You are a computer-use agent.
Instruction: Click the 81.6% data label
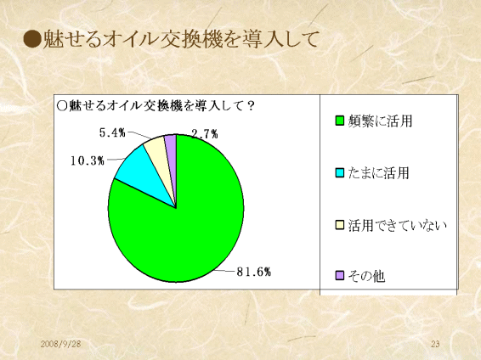[x=254, y=272]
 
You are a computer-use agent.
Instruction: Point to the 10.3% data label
[x=88, y=160]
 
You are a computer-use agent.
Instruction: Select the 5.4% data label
[x=112, y=132]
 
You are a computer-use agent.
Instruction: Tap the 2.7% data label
[x=205, y=134]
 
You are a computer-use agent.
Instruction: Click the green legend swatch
[x=340, y=121]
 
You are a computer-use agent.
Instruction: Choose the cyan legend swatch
[x=340, y=173]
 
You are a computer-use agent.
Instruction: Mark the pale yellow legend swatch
[x=340, y=225]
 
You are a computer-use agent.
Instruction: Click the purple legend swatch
[x=340, y=275]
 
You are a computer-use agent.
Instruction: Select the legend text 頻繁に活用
[x=380, y=121]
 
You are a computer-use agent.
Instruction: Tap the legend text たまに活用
[x=378, y=173]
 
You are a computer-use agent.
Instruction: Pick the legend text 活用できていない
[x=397, y=225]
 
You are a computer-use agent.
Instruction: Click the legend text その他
[x=366, y=276]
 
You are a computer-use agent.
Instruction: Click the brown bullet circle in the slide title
[x=32, y=39]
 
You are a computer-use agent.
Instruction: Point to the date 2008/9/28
[x=60, y=344]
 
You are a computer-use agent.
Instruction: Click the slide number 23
[x=435, y=344]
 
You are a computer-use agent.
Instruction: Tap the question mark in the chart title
[x=251, y=106]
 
